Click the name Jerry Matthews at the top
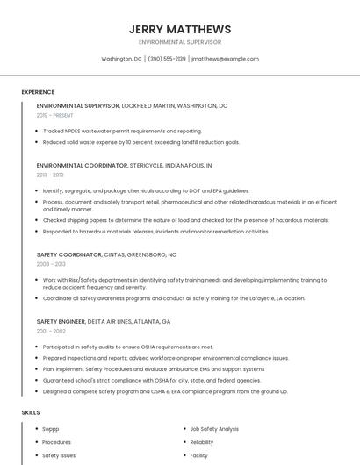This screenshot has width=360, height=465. click(x=180, y=29)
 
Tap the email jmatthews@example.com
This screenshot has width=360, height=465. click(x=225, y=59)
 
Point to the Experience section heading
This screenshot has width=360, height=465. click(x=38, y=92)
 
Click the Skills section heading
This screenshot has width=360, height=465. click(x=31, y=412)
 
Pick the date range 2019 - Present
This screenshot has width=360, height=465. click(x=54, y=115)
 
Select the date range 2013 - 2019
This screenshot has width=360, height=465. click(x=50, y=175)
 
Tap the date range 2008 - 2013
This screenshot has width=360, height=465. click(x=51, y=264)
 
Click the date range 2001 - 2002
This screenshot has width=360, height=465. click(x=51, y=331)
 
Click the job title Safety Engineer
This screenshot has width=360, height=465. click(x=61, y=321)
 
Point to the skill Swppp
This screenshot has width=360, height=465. click(x=51, y=429)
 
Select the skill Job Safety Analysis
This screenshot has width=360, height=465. click(x=214, y=429)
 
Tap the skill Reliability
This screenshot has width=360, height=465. click(x=202, y=442)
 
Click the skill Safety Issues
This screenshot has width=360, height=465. click(x=59, y=455)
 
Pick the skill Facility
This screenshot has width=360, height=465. click(x=199, y=455)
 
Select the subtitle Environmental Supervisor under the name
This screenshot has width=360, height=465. click(x=180, y=42)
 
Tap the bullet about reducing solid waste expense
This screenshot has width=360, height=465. click(x=140, y=141)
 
